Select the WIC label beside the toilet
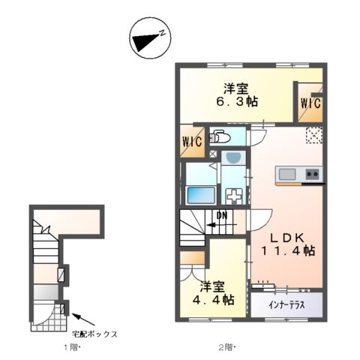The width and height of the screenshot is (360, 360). [x=191, y=141]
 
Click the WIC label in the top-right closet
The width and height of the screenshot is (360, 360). [x=311, y=103]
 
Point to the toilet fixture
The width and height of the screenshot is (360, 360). [x=220, y=136]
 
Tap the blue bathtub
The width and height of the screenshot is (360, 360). [x=200, y=194]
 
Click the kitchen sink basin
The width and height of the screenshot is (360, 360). [x=288, y=175]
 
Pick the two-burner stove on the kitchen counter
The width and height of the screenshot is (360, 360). [x=312, y=175]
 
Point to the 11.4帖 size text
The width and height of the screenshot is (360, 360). [x=288, y=250]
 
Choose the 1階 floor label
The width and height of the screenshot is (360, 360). [x=70, y=346]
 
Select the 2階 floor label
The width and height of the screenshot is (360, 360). [x=226, y=346]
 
